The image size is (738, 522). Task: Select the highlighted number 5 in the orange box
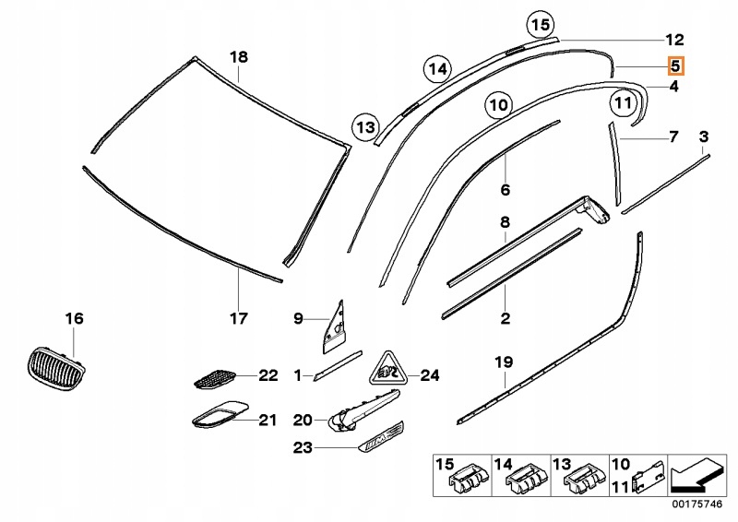(675, 65)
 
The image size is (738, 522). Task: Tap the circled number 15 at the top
(541, 25)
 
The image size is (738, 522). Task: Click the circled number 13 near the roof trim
(366, 125)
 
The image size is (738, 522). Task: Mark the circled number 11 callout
(624, 102)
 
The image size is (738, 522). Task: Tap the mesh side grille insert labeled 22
(215, 375)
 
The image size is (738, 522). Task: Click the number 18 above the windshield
(239, 57)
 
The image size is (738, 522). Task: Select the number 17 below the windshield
(239, 319)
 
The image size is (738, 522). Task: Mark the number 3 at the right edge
(704, 137)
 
